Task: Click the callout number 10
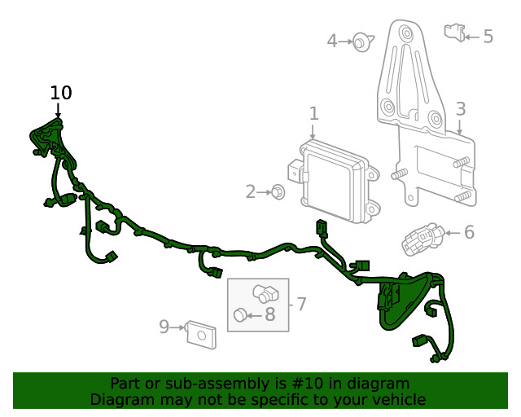61,93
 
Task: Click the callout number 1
313,114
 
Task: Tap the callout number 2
251,192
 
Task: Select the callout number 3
461,109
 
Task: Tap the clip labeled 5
454,33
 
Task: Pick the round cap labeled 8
240,315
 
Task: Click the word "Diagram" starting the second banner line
121,399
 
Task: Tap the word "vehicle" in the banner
398,399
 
